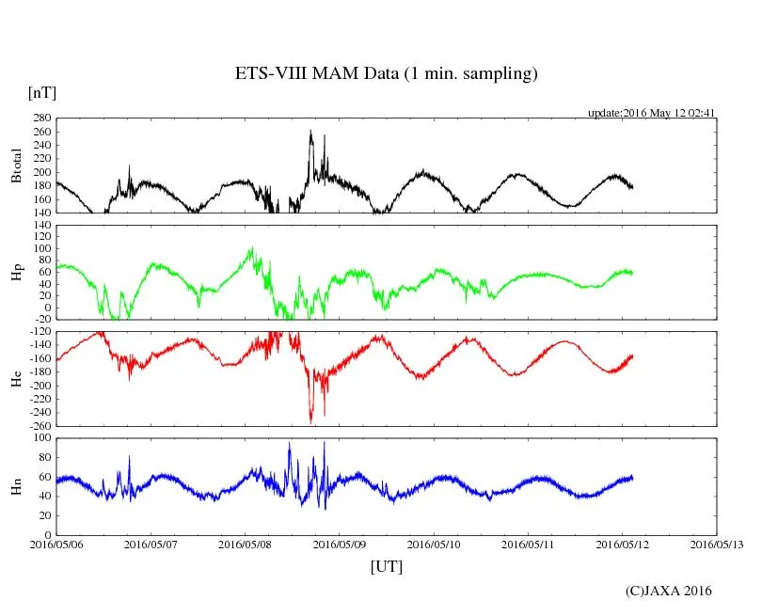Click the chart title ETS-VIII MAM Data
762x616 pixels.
386,74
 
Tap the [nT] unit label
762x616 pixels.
41,93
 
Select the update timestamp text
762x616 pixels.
652,113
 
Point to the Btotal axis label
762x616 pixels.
15,166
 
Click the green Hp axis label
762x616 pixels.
15,273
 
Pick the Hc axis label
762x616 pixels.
15,379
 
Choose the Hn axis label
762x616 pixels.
15,486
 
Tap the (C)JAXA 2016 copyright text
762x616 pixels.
668,591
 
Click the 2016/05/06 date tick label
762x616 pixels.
56,544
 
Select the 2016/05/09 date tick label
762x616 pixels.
340,544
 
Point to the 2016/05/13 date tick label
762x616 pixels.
717,544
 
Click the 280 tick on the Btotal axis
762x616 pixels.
40,118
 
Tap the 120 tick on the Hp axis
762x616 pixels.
40,226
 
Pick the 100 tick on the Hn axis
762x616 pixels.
40,438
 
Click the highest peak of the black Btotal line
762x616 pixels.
310,132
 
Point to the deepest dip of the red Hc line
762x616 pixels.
310,422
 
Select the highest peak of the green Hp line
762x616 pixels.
251,247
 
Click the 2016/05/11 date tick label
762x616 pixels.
528,544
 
